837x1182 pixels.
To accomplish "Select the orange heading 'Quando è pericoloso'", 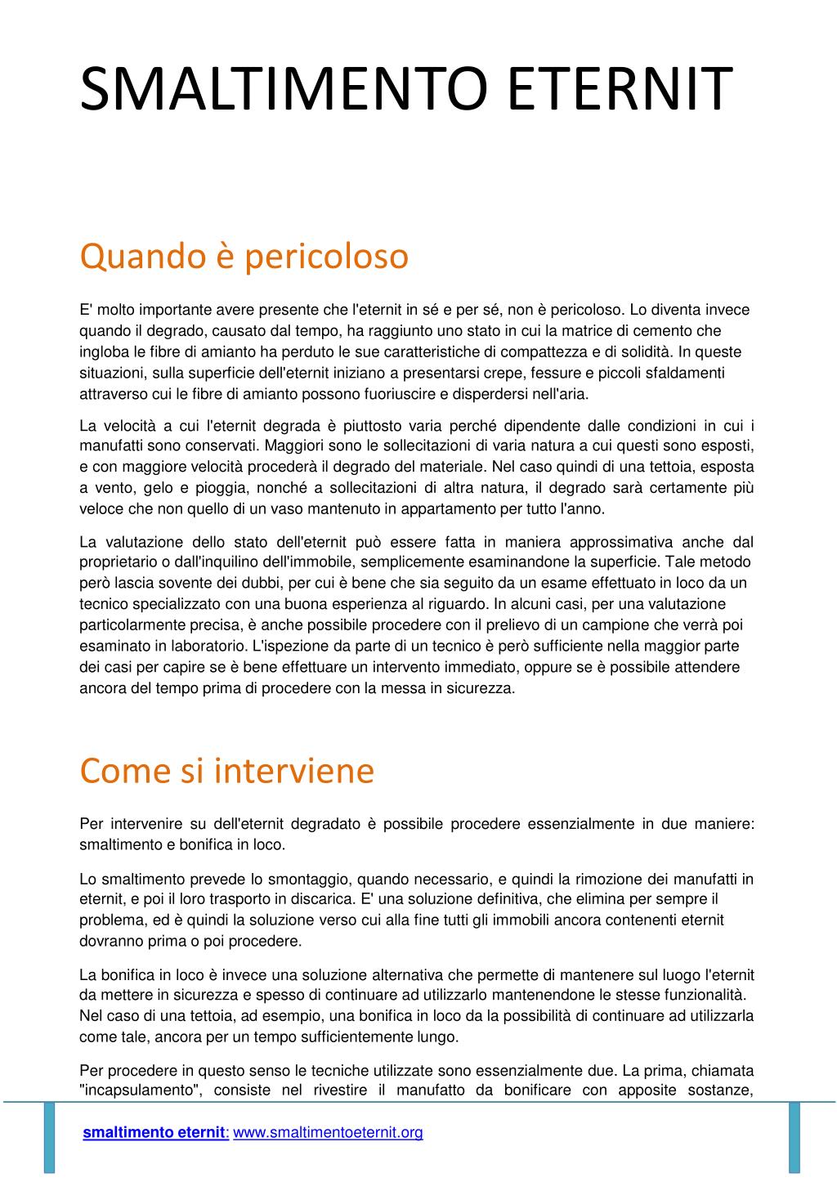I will click(x=244, y=256).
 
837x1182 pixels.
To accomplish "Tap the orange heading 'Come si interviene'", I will click(x=226, y=770).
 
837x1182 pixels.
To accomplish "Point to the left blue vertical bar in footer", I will click(x=49, y=1136).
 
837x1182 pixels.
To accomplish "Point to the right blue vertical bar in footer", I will click(x=794, y=1136).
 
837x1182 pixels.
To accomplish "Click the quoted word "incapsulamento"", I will click(x=141, y=1090).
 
